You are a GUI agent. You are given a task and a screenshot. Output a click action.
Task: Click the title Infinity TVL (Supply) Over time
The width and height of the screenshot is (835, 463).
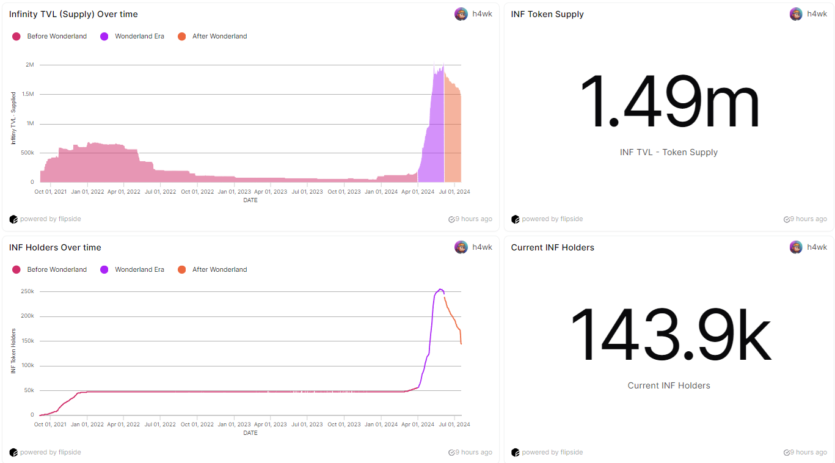coord(73,14)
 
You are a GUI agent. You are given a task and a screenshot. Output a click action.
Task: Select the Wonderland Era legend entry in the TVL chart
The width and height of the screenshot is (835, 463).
coord(139,37)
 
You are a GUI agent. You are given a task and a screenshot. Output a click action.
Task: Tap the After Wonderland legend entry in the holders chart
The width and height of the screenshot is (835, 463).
coord(219,270)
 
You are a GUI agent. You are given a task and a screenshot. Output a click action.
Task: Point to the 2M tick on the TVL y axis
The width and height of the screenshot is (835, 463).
coord(29,65)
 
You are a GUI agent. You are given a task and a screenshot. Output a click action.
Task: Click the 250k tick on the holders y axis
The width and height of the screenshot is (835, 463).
coord(27,292)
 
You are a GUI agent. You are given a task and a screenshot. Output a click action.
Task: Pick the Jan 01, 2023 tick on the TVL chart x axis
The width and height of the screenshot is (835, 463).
coord(234,192)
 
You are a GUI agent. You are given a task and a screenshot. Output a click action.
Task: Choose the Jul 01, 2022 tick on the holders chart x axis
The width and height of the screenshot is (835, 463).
coord(161,425)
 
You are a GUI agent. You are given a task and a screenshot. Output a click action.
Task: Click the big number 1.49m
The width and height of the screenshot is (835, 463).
coord(669,103)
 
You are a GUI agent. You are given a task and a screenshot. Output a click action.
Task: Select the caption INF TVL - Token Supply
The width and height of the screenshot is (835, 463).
coord(669,152)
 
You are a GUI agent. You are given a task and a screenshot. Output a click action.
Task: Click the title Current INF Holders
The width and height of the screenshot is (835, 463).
coord(552,247)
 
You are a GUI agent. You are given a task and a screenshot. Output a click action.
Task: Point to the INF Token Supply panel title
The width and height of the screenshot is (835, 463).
coord(547,14)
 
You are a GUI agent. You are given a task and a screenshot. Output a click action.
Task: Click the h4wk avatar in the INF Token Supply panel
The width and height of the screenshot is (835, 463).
coord(796,14)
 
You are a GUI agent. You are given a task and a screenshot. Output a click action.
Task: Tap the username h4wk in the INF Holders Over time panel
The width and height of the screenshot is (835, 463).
coord(482,247)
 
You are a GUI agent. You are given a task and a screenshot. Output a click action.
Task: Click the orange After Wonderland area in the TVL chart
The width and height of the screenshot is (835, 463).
coord(452,134)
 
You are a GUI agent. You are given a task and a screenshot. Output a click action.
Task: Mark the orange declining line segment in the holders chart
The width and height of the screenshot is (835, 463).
coord(452,318)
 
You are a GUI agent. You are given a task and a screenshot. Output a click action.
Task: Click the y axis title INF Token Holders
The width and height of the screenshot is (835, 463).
coord(13,351)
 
